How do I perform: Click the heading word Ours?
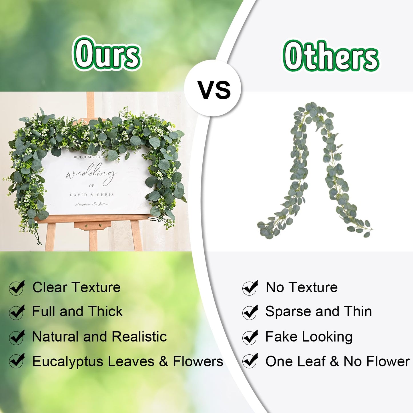(x=106, y=54)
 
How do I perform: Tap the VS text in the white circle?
(x=214, y=89)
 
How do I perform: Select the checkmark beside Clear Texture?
(x=17, y=288)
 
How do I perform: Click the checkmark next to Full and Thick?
(x=17, y=312)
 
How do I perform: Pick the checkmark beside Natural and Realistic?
(x=17, y=337)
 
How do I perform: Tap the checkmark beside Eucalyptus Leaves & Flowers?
(x=17, y=361)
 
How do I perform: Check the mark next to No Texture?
(x=250, y=288)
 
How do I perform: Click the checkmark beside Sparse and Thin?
(x=250, y=312)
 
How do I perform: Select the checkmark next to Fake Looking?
(x=250, y=337)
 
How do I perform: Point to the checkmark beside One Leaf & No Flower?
(x=250, y=361)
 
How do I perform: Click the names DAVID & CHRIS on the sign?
(x=92, y=195)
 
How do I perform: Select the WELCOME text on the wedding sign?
(x=84, y=157)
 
